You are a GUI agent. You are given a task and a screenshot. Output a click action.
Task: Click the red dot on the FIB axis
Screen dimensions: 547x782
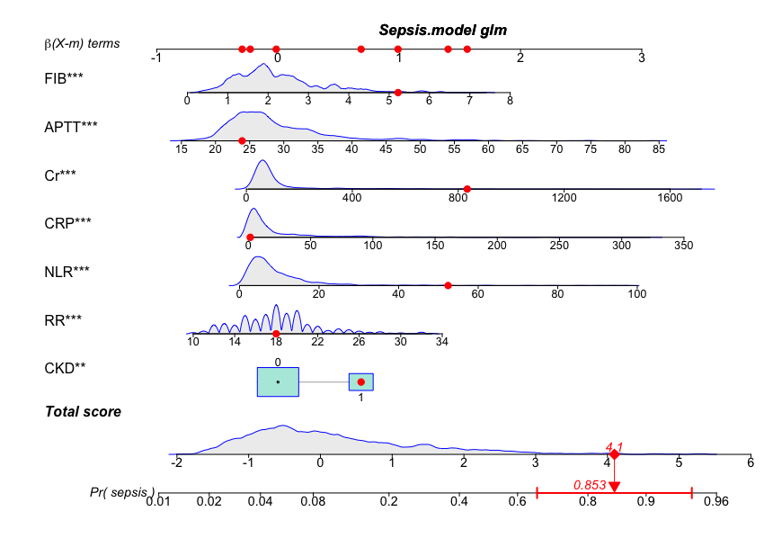(398, 92)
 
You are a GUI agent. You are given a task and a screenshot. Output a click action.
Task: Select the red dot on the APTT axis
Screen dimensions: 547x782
(242, 140)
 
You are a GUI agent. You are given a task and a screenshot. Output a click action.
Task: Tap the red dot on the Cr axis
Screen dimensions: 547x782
(467, 189)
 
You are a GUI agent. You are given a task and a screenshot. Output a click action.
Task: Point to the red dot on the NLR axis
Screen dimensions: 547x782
(448, 285)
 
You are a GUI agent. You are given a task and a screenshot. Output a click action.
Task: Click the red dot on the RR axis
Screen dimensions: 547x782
(276, 334)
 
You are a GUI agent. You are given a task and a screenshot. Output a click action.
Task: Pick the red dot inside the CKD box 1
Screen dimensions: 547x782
(360, 381)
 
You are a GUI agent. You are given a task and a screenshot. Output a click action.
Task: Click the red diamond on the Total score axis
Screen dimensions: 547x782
(614, 454)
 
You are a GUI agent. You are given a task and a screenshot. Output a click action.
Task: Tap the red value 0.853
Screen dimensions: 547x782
(590, 485)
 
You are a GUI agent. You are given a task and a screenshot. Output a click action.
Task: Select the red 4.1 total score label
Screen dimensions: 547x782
(615, 444)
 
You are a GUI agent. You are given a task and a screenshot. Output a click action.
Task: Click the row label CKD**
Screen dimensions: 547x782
(64, 367)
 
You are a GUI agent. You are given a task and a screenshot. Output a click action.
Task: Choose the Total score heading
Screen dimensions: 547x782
(83, 412)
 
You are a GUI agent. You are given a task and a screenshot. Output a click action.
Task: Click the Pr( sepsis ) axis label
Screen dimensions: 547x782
(122, 492)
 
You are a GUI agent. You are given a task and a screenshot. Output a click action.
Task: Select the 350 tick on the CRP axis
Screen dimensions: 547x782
(683, 245)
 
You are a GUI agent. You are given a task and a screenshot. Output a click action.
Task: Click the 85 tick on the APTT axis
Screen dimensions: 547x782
(659, 148)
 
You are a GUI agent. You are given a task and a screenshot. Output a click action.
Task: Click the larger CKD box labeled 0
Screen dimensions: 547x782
(278, 381)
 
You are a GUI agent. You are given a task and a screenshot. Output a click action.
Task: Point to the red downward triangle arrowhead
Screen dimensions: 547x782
(614, 487)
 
